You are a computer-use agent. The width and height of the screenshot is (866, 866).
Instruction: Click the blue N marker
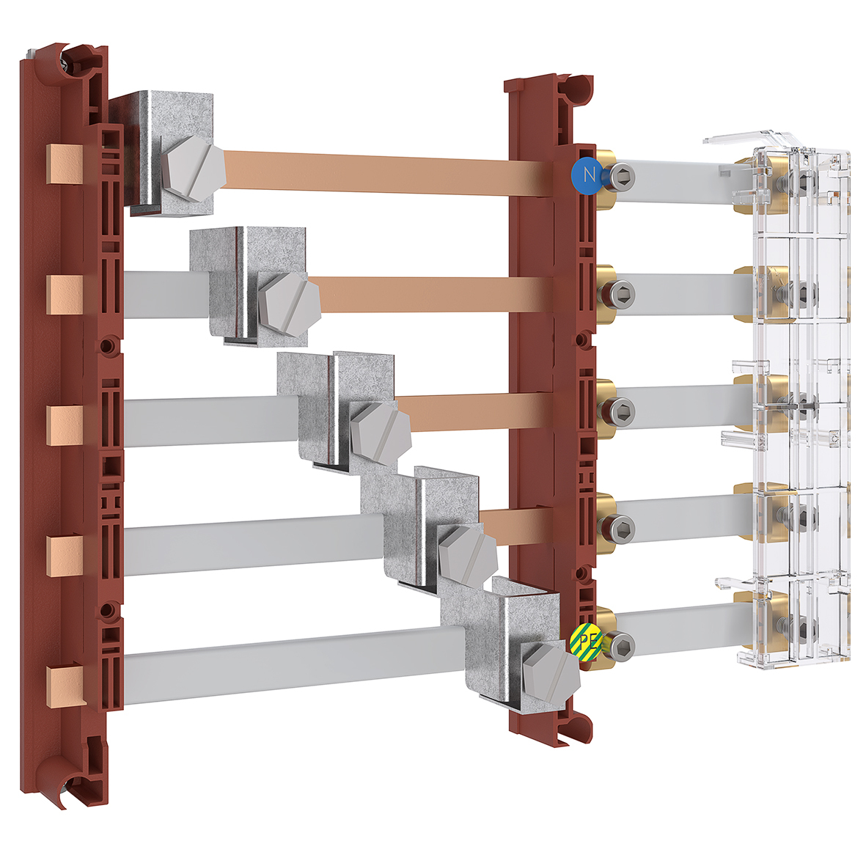(586, 176)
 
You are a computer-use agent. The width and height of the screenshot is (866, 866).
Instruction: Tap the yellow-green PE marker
(586, 641)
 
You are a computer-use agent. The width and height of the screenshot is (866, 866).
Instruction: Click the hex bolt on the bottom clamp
(551, 675)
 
